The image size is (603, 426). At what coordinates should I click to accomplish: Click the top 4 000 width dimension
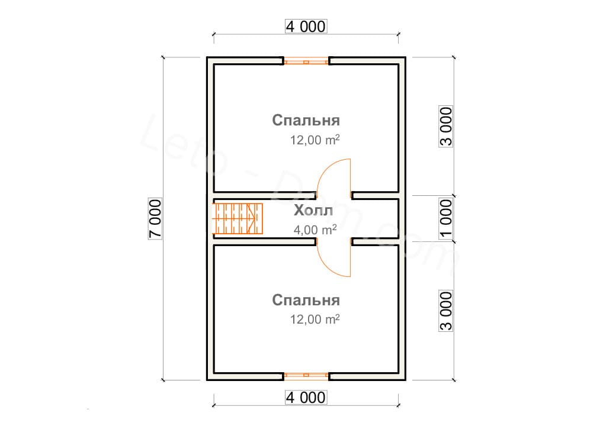[x=306, y=27]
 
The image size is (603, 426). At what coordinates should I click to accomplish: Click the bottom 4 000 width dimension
[x=306, y=397]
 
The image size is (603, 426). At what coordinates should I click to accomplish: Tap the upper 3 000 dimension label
[x=447, y=126]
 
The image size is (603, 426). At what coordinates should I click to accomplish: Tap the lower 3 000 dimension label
[x=447, y=311]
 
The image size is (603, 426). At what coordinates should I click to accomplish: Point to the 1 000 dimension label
[x=447, y=218]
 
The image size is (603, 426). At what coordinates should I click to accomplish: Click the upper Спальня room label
[x=306, y=121]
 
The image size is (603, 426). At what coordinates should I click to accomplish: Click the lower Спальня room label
[x=306, y=300]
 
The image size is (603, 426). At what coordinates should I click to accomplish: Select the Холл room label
[x=313, y=211]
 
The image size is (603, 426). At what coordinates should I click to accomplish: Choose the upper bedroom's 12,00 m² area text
[x=315, y=140]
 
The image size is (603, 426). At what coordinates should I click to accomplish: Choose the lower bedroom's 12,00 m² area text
[x=315, y=319]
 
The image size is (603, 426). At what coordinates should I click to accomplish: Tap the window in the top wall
[x=306, y=60]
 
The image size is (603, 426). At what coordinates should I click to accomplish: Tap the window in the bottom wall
[x=306, y=376]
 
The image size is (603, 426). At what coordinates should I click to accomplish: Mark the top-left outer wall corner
[x=208, y=58]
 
